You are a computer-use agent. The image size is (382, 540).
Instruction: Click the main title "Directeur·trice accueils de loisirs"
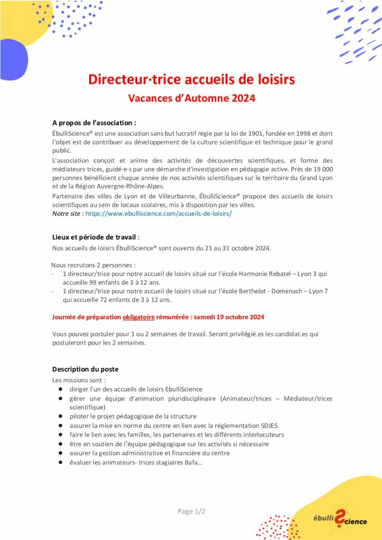(x=191, y=80)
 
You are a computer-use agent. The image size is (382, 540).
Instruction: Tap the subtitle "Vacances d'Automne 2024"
(x=192, y=98)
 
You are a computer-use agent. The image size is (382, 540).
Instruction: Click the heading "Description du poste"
(x=85, y=369)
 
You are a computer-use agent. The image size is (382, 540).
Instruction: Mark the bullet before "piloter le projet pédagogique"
(x=61, y=416)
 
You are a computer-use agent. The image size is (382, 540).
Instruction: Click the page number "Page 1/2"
(x=191, y=511)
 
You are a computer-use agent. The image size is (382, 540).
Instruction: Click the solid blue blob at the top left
(x=12, y=58)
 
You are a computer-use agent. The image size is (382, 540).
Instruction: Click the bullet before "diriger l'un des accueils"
(x=61, y=389)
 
